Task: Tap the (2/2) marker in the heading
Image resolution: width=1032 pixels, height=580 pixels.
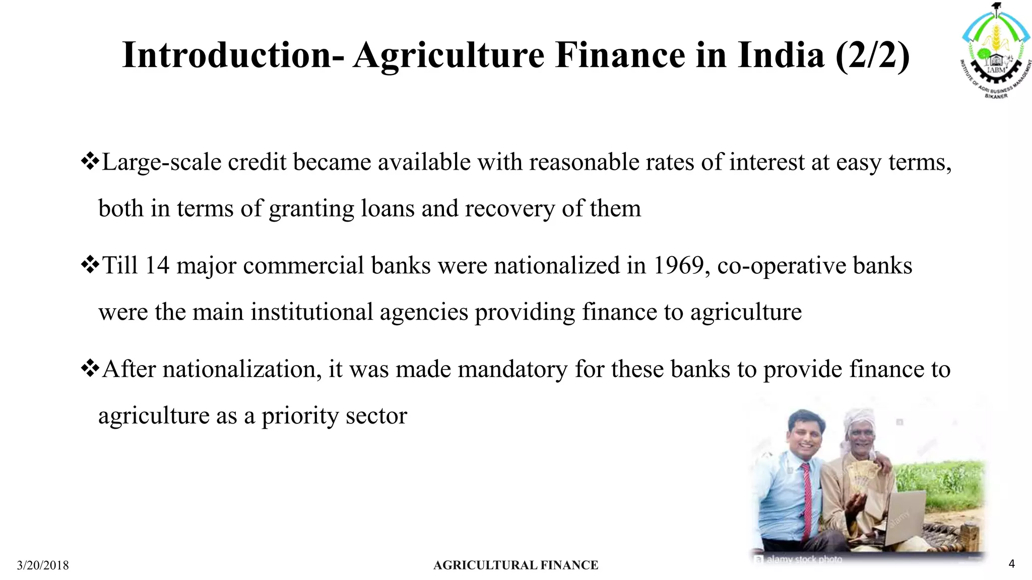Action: (x=872, y=55)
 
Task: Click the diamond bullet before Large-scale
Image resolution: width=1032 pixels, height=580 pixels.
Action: (x=90, y=162)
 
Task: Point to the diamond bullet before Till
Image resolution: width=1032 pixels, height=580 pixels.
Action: (x=90, y=265)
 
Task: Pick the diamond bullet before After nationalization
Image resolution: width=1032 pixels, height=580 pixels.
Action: (x=90, y=369)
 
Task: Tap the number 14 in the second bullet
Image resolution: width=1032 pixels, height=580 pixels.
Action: (x=157, y=265)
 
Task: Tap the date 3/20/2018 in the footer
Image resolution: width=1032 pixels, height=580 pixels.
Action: (x=43, y=565)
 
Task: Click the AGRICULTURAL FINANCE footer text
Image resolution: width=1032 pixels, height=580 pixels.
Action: (x=515, y=565)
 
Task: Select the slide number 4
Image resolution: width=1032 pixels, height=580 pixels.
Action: (x=1011, y=564)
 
